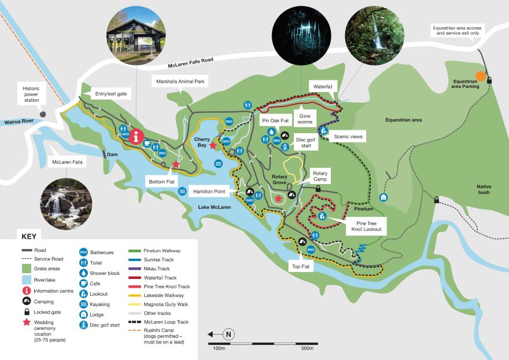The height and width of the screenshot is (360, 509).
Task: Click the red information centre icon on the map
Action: click(x=137, y=137)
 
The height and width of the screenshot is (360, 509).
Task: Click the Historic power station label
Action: click(x=31, y=94)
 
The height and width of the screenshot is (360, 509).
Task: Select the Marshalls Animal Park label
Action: click(x=180, y=82)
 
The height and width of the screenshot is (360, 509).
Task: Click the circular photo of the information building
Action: click(x=135, y=34)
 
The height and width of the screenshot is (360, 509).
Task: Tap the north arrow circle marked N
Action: click(x=229, y=334)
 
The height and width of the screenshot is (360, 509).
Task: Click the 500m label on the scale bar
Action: click(x=307, y=348)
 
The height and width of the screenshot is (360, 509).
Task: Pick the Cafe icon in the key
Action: click(x=84, y=283)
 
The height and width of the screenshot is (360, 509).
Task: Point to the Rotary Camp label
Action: click(x=320, y=177)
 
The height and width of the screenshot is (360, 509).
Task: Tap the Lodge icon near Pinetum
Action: click(x=383, y=197)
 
